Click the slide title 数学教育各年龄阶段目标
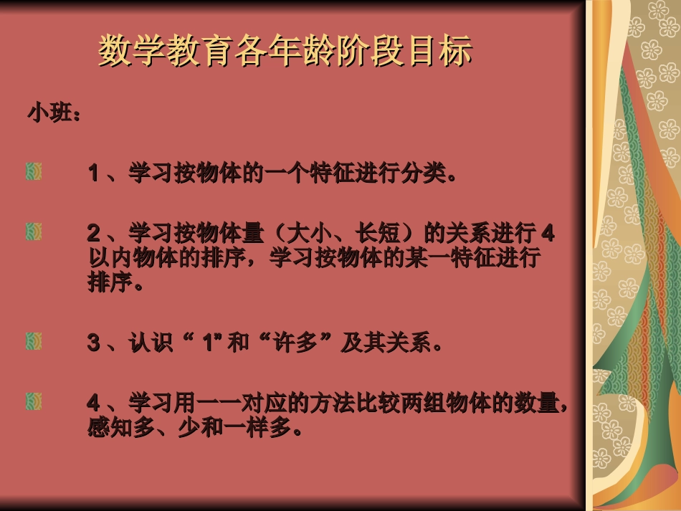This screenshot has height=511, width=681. coord(285,52)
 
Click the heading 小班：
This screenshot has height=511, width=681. coord(54,113)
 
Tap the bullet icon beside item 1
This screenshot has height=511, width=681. coord(34,172)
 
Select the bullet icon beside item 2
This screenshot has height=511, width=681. coord(34,231)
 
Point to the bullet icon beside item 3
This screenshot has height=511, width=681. coord(34,341)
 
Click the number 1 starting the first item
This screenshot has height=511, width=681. coord(93,173)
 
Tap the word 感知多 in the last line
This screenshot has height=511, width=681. coord(121,429)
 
